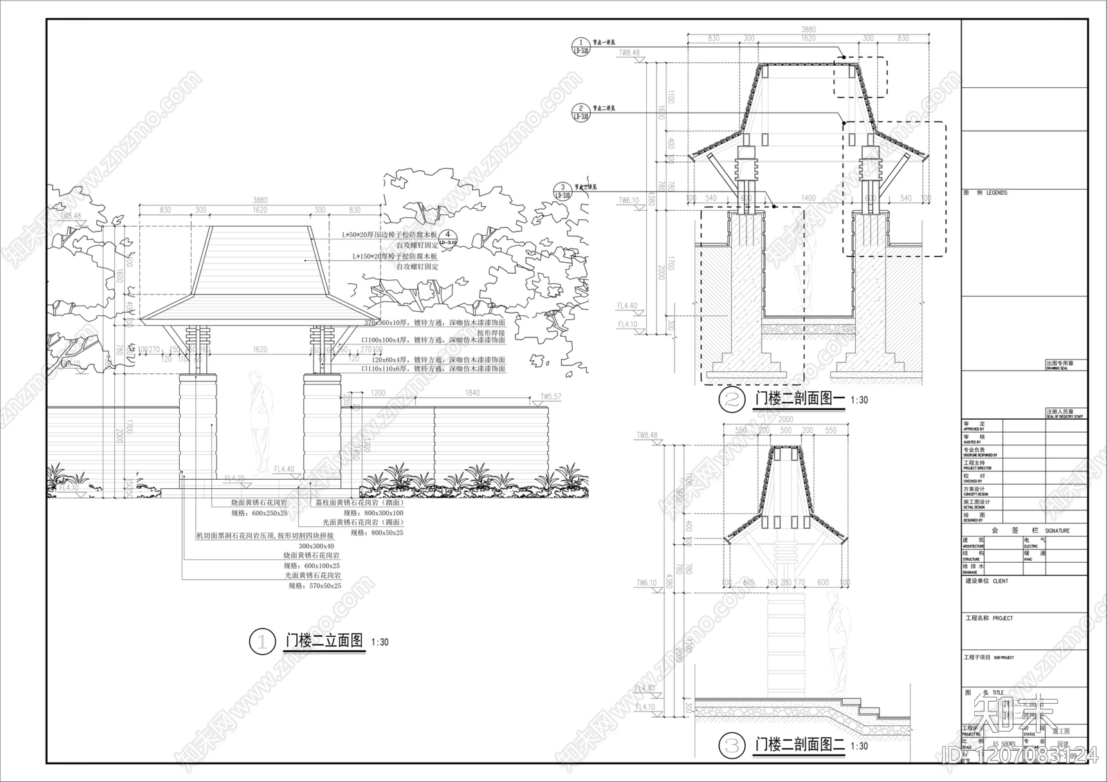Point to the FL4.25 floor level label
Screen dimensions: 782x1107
(x=235, y=478)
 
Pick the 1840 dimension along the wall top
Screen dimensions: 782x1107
(x=472, y=393)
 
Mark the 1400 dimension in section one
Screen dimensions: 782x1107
(x=807, y=198)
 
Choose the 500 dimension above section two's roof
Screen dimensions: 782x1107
(x=785, y=430)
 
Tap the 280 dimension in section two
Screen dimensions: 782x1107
(x=785, y=582)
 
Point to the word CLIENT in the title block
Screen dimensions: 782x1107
(x=1000, y=581)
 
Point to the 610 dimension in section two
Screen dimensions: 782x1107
(x=748, y=582)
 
